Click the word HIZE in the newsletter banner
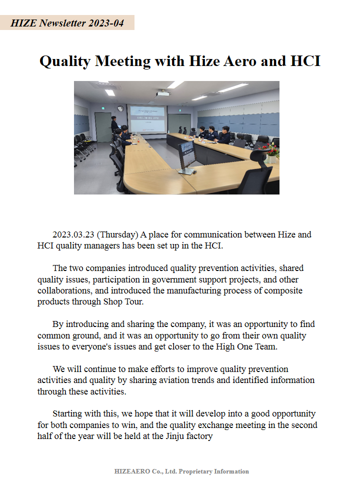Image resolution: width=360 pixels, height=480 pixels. pos(23,23)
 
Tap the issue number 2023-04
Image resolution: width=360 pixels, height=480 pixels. pos(106,23)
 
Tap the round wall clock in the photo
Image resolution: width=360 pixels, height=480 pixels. pos(120,108)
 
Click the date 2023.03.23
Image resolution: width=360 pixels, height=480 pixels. pos(73,234)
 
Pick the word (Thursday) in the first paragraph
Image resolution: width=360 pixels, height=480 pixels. pos(117,234)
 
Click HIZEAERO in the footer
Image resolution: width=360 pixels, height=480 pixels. pos(130,471)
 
